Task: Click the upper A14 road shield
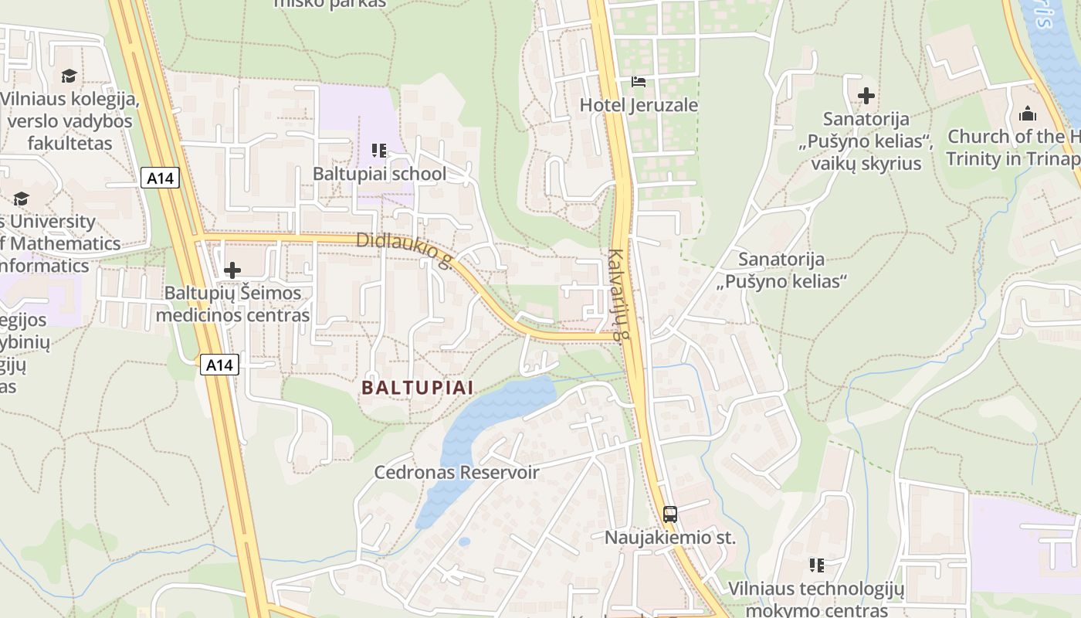click(161, 178)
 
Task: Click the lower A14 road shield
click(219, 365)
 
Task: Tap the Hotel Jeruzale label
click(639, 105)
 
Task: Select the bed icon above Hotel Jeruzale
click(639, 81)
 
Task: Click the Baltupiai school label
click(379, 174)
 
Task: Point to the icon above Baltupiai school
click(378, 150)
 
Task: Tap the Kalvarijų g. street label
click(615, 294)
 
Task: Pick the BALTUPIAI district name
click(417, 388)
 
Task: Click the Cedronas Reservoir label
click(456, 472)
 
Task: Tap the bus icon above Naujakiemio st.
click(670, 514)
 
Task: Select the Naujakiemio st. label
click(670, 538)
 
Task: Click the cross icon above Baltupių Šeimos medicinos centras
click(232, 270)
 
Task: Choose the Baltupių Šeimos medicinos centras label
click(232, 304)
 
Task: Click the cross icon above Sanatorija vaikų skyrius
click(866, 96)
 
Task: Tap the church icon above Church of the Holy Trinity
click(1028, 114)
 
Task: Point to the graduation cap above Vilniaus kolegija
click(69, 76)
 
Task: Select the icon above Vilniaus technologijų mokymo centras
click(816, 565)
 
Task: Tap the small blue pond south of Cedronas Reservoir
click(464, 542)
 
